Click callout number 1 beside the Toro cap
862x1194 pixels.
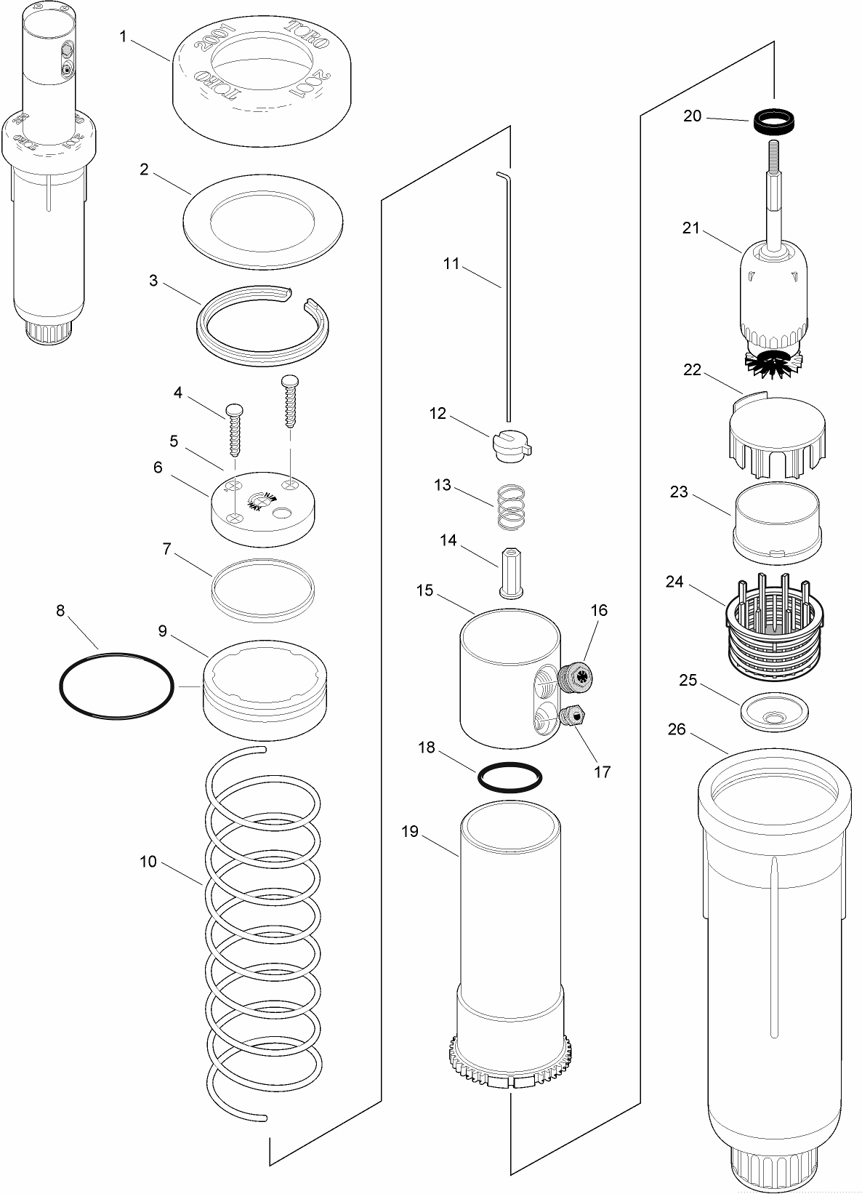[123, 36]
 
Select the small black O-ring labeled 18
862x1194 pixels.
[510, 777]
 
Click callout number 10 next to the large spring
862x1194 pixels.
[148, 862]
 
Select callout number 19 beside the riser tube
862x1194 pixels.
[410, 831]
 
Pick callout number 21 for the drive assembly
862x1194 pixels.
[690, 228]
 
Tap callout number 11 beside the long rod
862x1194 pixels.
[451, 263]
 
